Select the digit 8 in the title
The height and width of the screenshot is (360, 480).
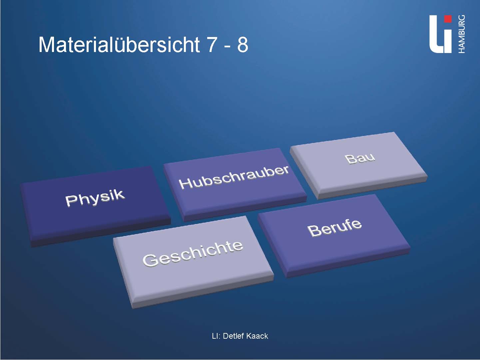pos(242,45)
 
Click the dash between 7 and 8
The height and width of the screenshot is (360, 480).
pos(228,47)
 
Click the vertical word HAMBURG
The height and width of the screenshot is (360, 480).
pos(461,34)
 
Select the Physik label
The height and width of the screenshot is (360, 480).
pos(95,198)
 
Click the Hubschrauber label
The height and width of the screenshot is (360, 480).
pos(234,177)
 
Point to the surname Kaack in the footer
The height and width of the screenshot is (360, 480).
pos(257,336)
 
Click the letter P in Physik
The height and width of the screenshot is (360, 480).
pos(70,201)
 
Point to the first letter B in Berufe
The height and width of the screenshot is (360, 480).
pos(313,231)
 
